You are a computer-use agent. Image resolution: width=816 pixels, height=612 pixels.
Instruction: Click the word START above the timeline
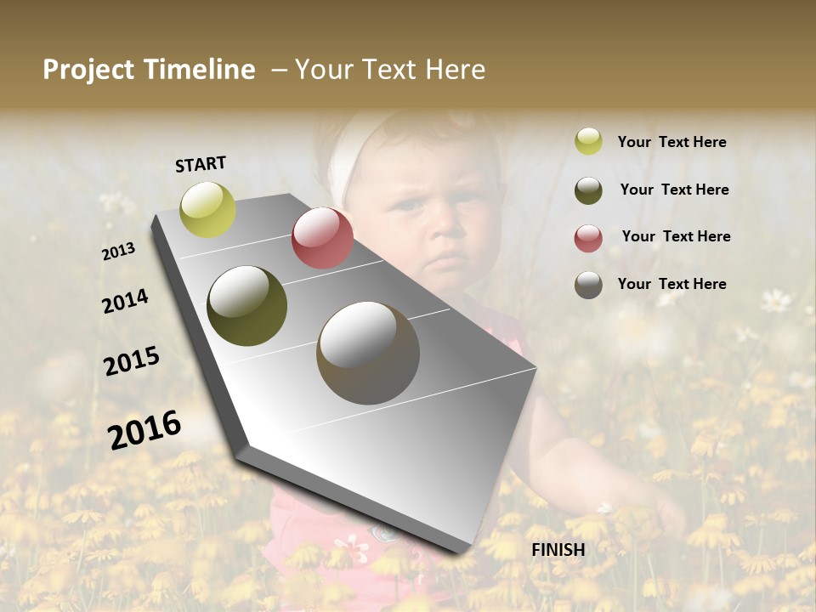[x=201, y=164]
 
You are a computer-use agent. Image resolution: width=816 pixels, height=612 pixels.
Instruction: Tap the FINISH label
[x=558, y=550]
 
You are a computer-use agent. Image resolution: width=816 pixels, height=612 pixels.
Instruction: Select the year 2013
[x=119, y=252]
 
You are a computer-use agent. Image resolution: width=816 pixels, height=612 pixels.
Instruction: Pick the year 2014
[x=125, y=302]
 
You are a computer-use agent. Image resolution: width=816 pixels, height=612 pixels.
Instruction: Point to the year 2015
[x=132, y=361]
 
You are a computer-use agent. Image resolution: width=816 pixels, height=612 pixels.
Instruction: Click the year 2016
[x=144, y=429]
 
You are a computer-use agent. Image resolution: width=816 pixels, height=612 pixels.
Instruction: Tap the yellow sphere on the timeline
[x=208, y=210]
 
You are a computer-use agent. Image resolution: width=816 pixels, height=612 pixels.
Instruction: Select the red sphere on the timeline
[x=322, y=238]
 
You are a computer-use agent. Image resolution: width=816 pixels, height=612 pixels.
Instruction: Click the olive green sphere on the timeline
[x=247, y=306]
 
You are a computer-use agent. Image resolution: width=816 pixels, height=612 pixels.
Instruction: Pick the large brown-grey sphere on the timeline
[x=368, y=353]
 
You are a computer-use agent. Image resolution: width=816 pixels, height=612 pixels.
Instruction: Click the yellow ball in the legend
[x=588, y=142]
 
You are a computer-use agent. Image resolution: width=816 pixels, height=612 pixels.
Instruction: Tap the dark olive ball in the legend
[x=588, y=190]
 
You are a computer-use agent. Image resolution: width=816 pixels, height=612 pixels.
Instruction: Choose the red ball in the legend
[x=588, y=237]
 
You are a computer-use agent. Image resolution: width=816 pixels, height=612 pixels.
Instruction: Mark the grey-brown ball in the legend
[x=588, y=284]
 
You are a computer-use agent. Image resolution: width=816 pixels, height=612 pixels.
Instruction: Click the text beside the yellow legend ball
[x=671, y=142]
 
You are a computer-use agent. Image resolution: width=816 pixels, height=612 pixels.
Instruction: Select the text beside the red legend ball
[x=676, y=236]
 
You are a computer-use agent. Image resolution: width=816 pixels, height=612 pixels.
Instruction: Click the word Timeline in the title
[x=199, y=70]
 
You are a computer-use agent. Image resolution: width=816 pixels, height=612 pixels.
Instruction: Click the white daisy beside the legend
[x=774, y=300]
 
